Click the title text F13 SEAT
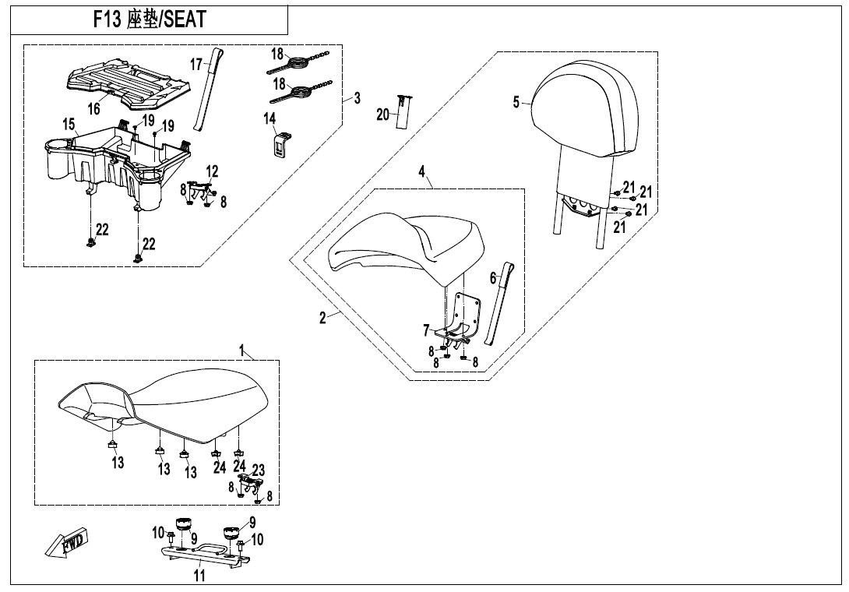(149, 19)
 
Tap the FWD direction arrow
(67, 542)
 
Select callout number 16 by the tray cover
(93, 108)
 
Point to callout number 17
(196, 62)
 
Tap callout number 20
(382, 115)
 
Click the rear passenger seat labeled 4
(405, 245)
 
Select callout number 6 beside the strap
(492, 277)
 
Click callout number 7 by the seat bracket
(425, 329)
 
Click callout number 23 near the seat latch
(259, 470)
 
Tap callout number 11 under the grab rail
(199, 576)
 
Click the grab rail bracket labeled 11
(204, 555)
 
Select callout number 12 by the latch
(212, 171)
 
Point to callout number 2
(322, 319)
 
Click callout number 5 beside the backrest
(516, 102)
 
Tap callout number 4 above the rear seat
(421, 172)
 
